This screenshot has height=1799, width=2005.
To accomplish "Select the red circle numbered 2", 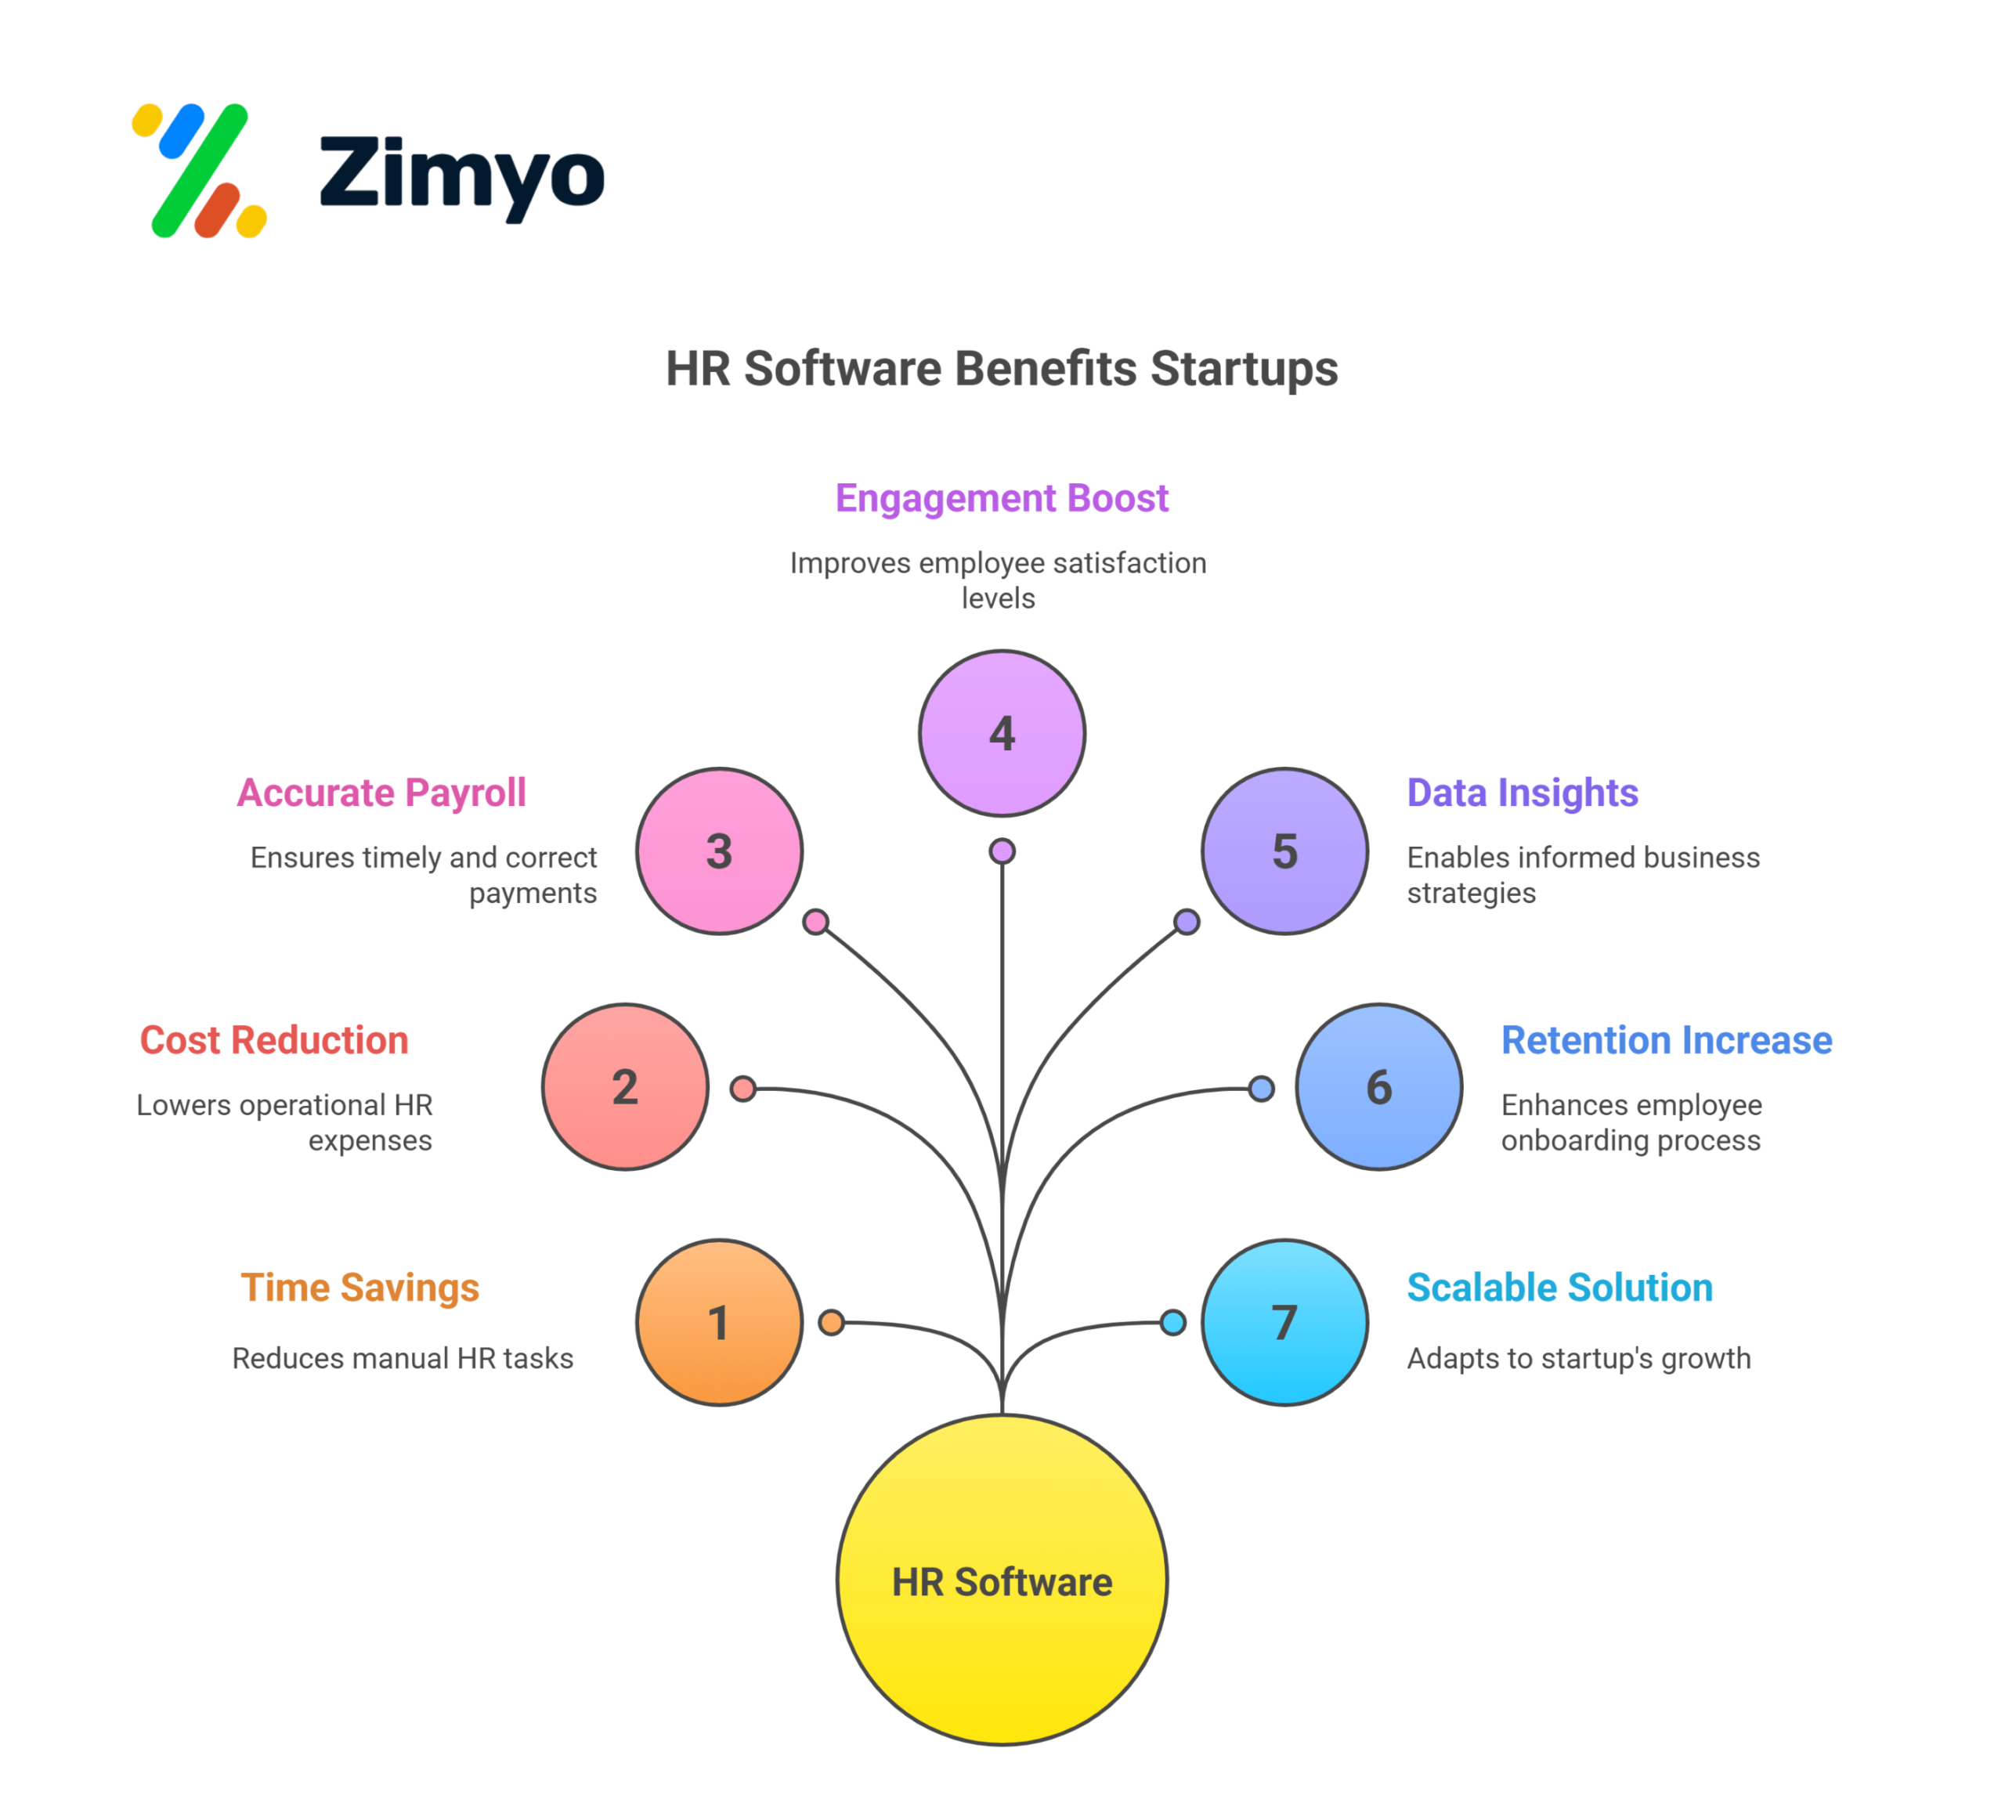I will [625, 1087].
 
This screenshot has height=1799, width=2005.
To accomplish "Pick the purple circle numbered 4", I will [1002, 733].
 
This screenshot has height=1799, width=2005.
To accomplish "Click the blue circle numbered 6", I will [1378, 1087].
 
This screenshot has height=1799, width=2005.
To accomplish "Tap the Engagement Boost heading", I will [1002, 498].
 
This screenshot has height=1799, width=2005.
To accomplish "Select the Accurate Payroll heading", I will [381, 793].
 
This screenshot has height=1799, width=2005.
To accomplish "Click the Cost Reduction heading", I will [274, 1040].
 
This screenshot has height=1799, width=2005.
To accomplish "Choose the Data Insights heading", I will [1523, 793].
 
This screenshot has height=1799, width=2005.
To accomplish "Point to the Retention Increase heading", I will [1667, 1040].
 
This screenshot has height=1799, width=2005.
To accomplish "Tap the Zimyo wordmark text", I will [462, 174].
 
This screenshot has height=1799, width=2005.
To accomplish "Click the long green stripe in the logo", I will [200, 170].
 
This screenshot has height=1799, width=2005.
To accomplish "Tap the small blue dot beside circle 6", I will [1260, 1089].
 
